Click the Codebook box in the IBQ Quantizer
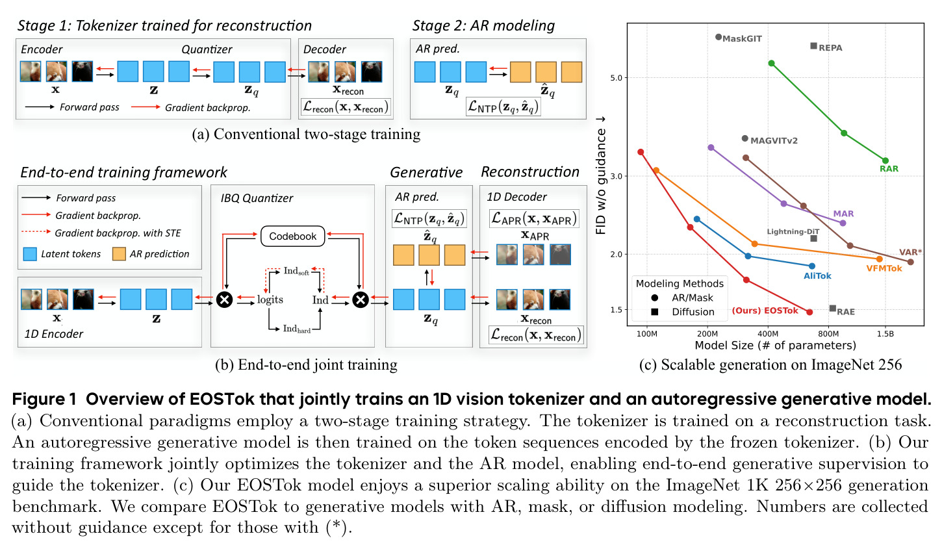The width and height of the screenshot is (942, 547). pos(293,236)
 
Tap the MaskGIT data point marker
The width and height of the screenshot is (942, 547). pos(719,37)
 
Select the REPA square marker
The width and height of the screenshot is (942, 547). pos(814,46)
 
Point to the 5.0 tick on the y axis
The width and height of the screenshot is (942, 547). pos(616,78)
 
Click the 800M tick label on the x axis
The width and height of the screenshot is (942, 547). pos(828,334)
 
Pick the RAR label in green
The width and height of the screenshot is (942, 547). pos(889,169)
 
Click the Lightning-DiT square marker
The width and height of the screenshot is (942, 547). pos(814,238)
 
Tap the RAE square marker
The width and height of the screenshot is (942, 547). pos(832,309)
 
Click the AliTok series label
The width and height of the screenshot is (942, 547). pos(817,276)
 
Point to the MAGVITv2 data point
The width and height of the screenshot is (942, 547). pos(745,138)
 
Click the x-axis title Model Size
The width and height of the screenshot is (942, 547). pos(775,346)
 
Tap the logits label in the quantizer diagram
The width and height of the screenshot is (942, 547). pos(270,299)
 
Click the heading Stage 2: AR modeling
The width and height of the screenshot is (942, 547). pos(483,25)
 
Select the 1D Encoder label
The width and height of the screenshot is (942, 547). pos(53,334)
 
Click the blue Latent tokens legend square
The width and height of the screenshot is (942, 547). pos(30,254)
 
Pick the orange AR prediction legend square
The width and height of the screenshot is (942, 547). pos(119,254)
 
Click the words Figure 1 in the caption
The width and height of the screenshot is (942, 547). pos(44,399)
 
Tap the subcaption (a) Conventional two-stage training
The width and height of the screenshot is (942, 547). pos(306,134)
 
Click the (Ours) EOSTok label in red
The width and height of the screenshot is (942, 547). pos(765,311)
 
